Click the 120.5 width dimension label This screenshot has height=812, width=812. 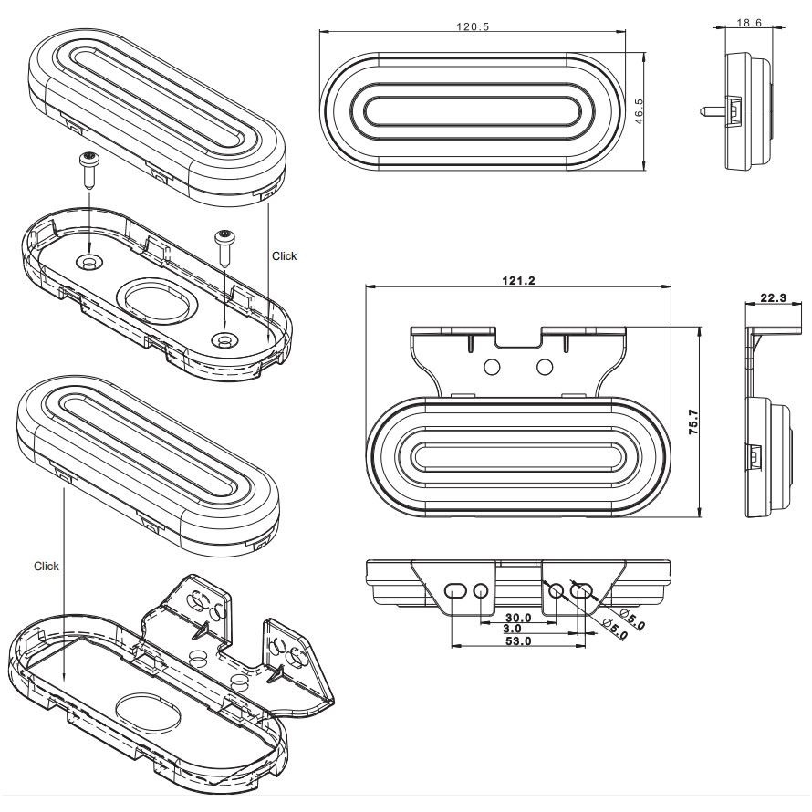[473, 26]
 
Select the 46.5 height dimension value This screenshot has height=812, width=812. [639, 111]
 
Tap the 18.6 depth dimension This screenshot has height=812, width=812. [749, 23]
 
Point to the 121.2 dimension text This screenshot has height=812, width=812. [518, 281]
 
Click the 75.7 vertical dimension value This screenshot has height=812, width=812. [693, 422]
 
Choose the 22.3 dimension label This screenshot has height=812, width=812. [773, 297]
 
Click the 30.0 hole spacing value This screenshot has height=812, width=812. [518, 618]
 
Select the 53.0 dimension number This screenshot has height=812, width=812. [518, 641]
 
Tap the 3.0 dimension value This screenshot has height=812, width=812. [512, 629]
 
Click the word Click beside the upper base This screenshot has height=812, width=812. [285, 255]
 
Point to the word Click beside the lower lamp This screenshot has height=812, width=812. [47, 566]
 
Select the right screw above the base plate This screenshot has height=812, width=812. [225, 248]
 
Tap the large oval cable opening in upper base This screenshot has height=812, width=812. [158, 301]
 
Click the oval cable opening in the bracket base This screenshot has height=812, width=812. [149, 713]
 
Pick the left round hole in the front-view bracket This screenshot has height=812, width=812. [492, 367]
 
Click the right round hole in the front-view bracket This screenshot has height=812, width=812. [545, 367]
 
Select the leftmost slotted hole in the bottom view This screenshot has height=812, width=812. [455, 590]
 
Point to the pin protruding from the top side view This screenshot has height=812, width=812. [713, 110]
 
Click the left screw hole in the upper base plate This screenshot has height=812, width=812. [89, 263]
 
